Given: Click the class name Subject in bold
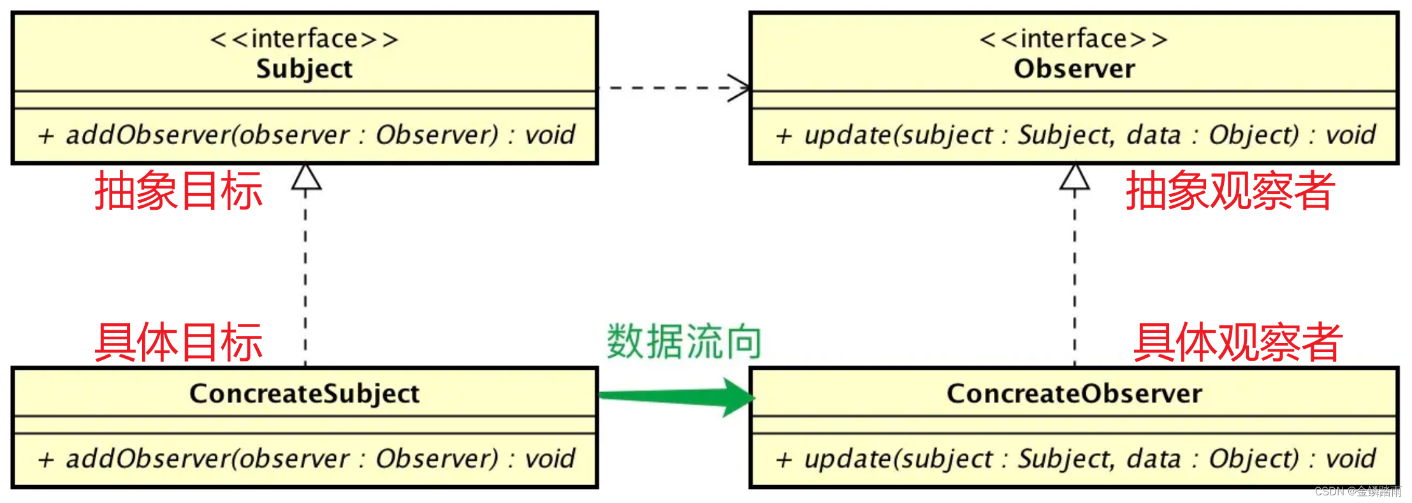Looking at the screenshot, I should pyautogui.click(x=304, y=69).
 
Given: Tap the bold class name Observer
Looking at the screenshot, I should pyautogui.click(x=1074, y=69).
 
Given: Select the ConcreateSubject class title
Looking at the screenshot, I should pyautogui.click(x=304, y=393).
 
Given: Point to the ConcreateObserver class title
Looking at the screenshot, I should pyautogui.click(x=1074, y=393).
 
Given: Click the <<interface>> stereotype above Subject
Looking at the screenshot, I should pyautogui.click(x=304, y=39).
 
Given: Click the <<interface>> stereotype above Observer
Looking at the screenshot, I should pyautogui.click(x=1074, y=39).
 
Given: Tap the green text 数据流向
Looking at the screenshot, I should pyautogui.click(x=684, y=342).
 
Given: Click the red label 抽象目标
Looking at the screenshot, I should pyautogui.click(x=178, y=191).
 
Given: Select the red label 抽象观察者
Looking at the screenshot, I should pyautogui.click(x=1230, y=191).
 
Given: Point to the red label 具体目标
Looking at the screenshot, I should pyautogui.click(x=178, y=342).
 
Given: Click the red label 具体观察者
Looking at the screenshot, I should pyautogui.click(x=1238, y=342).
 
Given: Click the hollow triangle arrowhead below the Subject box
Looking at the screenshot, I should pyautogui.click(x=306, y=177).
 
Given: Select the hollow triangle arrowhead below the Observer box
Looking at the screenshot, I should pyautogui.click(x=1075, y=177).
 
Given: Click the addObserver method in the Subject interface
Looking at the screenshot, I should pyautogui.click(x=306, y=135).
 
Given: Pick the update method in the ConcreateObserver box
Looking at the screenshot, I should pyautogui.click(x=1075, y=459).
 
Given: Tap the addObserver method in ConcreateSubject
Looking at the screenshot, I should pyautogui.click(x=306, y=459).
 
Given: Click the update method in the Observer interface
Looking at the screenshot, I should pyautogui.click(x=1075, y=135).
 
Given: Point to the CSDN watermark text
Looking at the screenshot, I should pyautogui.click(x=1358, y=491).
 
